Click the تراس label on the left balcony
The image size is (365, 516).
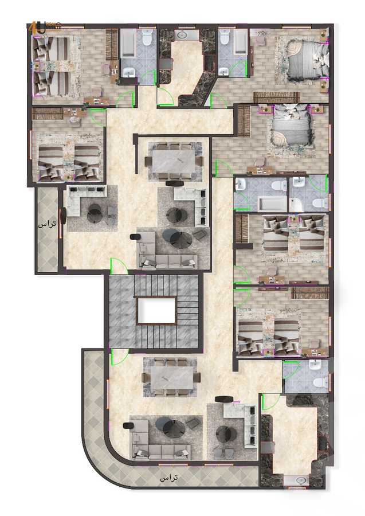(47, 225)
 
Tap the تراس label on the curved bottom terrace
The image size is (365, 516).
(169, 478)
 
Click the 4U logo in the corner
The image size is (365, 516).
(37, 26)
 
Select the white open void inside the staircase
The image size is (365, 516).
(156, 311)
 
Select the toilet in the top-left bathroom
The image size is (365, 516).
(147, 39)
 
